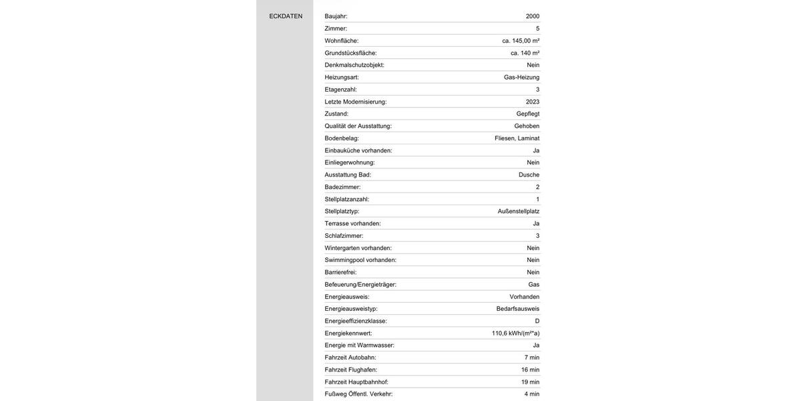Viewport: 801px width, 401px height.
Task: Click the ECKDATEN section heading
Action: [286, 16]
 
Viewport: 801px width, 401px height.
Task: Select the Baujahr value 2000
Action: [533, 16]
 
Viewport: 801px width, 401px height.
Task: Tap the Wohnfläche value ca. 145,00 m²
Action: [521, 41]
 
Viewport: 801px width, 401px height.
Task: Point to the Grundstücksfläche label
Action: [350, 53]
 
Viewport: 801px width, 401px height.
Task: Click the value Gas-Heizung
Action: [521, 78]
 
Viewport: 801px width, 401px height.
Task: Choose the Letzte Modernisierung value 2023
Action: [533, 102]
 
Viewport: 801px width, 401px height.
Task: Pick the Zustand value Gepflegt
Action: [528, 114]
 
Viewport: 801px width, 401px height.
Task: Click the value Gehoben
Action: [527, 126]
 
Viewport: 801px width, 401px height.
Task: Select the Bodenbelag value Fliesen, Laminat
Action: [517, 138]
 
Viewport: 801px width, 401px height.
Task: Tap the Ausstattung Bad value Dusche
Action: [529, 174]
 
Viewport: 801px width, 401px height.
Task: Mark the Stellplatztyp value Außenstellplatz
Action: [519, 211]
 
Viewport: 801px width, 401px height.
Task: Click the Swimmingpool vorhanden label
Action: [360, 260]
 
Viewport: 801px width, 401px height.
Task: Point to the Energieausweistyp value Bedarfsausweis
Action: [518, 309]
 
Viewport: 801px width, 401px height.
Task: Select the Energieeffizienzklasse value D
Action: [537, 321]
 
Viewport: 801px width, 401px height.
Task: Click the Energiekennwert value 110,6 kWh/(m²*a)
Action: [515, 333]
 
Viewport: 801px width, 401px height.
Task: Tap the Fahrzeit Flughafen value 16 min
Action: [530, 370]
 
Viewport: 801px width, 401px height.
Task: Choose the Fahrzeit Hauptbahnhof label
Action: [356, 382]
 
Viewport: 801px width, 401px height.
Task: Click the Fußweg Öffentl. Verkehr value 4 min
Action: [531, 394]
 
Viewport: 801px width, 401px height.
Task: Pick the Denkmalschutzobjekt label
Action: [354, 65]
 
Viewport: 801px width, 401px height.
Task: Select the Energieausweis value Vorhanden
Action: [525, 297]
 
